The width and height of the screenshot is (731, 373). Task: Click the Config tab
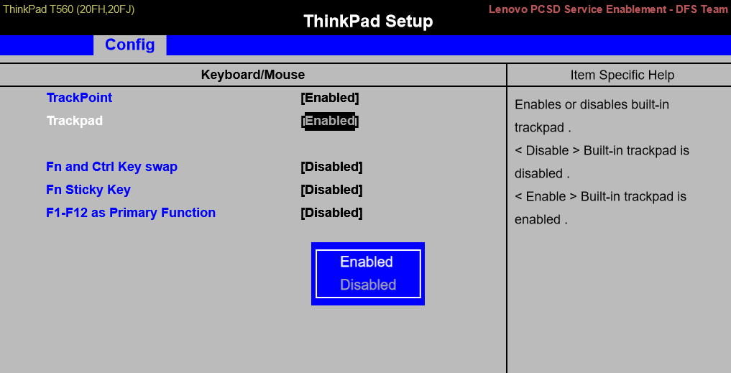(129, 45)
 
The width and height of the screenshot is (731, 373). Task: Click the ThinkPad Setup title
(368, 21)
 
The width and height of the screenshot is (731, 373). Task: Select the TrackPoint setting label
(79, 98)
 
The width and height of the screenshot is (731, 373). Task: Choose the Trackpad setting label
(75, 121)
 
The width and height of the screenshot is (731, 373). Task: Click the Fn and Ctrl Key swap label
(111, 167)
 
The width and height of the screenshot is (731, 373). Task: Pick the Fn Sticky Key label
(88, 190)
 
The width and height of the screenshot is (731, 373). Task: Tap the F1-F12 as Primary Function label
(131, 213)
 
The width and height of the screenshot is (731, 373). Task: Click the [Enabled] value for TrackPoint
(330, 98)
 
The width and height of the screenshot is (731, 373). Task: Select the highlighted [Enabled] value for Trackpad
(330, 121)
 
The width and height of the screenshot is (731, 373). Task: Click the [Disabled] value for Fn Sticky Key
(331, 190)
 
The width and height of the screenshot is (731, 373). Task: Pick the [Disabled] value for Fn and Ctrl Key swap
(331, 167)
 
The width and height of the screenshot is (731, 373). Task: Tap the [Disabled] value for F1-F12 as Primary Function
(331, 213)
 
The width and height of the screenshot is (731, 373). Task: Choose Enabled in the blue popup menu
(367, 262)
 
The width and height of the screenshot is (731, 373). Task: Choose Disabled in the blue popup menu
(368, 285)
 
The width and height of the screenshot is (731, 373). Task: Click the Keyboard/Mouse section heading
(253, 75)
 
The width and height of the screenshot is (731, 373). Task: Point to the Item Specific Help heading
(622, 75)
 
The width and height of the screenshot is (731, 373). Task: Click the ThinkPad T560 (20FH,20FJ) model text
(69, 9)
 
